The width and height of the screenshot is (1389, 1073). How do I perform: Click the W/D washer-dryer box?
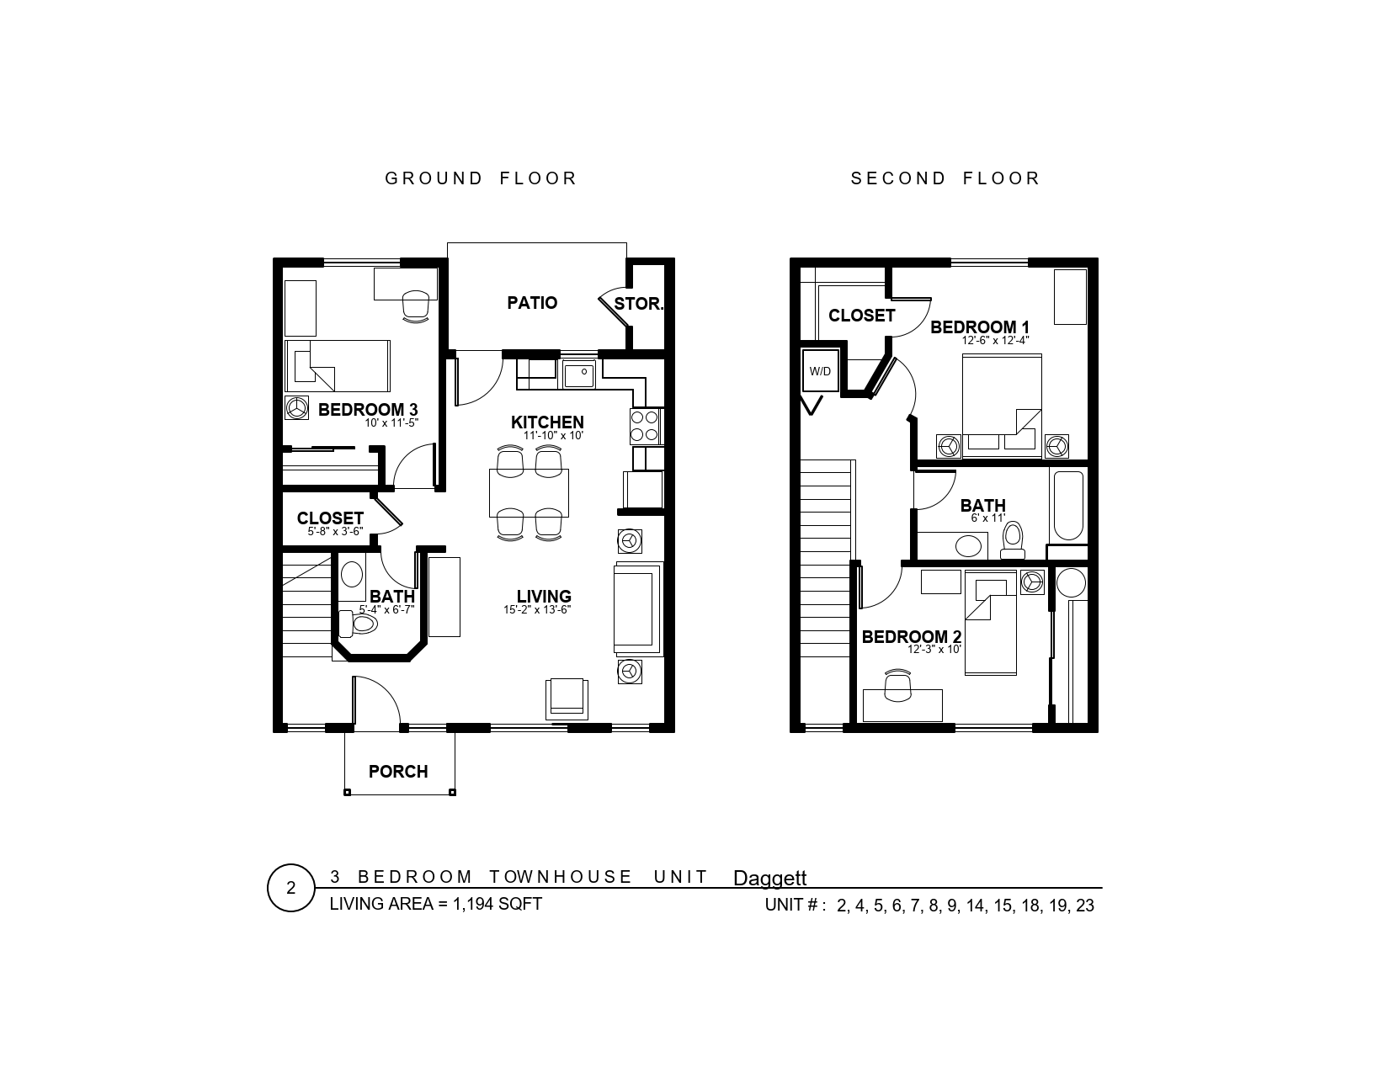[x=820, y=370]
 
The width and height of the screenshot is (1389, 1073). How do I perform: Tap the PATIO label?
[x=532, y=302]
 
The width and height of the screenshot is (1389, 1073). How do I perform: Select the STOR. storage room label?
[x=639, y=304]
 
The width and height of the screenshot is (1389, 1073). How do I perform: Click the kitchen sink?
[x=579, y=374]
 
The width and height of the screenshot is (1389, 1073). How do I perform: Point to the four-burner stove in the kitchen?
[x=644, y=427]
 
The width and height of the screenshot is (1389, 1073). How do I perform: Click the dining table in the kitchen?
[x=529, y=492]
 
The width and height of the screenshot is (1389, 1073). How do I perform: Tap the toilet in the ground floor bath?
[x=357, y=624]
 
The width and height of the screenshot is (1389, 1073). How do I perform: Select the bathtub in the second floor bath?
[x=1068, y=506]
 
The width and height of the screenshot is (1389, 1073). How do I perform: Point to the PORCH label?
[x=398, y=772]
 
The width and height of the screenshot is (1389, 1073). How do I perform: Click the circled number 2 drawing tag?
[x=290, y=888]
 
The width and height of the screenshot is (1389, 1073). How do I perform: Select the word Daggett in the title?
[x=769, y=879]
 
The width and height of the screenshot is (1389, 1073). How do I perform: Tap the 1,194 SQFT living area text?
[x=498, y=904]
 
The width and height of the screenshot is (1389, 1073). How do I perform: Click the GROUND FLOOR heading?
[x=481, y=178]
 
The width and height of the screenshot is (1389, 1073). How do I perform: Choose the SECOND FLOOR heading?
[x=945, y=178]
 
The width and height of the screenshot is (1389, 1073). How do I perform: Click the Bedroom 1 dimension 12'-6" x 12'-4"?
[x=995, y=341]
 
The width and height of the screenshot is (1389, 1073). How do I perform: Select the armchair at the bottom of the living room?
[x=567, y=699]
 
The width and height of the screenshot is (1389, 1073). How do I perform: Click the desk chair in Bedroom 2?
[x=897, y=686]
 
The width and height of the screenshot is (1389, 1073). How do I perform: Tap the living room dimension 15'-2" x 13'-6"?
[x=537, y=609]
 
